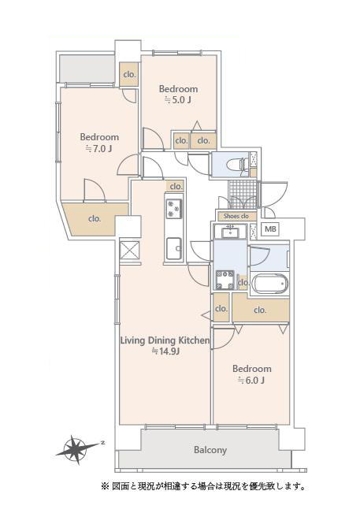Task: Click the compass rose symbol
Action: [x=78, y=449]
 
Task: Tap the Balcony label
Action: [x=210, y=450]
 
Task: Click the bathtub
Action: [x=270, y=284]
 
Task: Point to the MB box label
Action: [x=270, y=229]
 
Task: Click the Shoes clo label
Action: [x=236, y=216]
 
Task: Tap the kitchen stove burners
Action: [x=174, y=209]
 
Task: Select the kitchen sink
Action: [x=173, y=248]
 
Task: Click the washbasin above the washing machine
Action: [x=231, y=232]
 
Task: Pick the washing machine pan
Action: [x=225, y=281]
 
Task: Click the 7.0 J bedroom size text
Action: [x=99, y=148]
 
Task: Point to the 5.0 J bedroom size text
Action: [x=178, y=100]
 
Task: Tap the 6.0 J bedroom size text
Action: [x=251, y=380]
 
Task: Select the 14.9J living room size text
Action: [x=165, y=351]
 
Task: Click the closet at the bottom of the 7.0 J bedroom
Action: [x=95, y=218]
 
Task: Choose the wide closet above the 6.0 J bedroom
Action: [x=261, y=309]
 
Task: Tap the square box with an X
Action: [x=129, y=251]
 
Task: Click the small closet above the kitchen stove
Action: [x=176, y=186]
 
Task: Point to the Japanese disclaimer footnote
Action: [x=203, y=486]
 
